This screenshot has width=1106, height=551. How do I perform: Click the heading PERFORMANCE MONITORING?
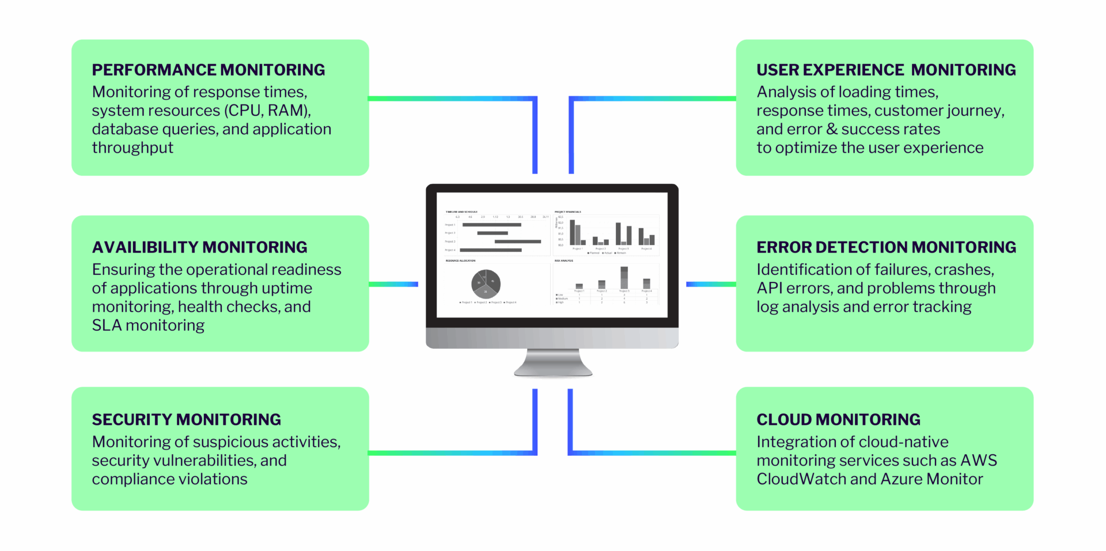click(x=208, y=70)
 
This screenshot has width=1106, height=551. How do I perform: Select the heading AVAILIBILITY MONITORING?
click(x=199, y=247)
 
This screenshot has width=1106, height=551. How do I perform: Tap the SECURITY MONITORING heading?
click(x=186, y=420)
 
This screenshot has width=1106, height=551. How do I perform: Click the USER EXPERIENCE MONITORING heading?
click(x=885, y=70)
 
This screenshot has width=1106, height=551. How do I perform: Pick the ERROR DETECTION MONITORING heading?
click(x=885, y=247)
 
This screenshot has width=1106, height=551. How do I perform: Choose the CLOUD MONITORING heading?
click(x=838, y=420)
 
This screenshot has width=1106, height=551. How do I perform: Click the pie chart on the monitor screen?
click(x=486, y=283)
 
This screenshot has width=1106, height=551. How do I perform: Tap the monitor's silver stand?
click(x=553, y=363)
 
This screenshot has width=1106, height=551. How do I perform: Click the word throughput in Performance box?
click(x=132, y=148)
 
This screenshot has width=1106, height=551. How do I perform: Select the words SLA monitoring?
click(x=148, y=326)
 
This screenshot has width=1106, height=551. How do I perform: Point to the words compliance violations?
click(x=169, y=480)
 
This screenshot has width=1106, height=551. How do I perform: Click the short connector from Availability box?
click(x=393, y=284)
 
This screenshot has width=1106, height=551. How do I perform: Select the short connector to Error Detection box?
click(x=711, y=284)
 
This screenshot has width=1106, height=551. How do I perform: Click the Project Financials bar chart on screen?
click(x=607, y=233)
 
